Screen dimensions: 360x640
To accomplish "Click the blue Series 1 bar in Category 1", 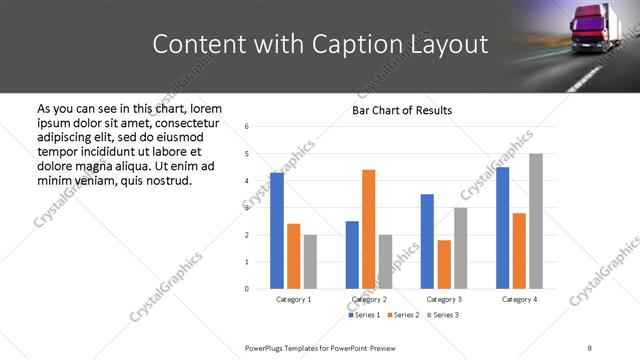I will (277, 231).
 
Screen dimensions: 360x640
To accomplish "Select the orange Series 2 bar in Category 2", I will (369, 229).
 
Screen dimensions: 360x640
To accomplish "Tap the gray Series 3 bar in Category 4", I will (536, 221).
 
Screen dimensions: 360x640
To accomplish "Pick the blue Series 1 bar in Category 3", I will (427, 241).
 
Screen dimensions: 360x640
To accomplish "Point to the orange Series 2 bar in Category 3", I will (444, 264).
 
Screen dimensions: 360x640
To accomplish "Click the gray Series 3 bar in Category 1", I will (310, 262).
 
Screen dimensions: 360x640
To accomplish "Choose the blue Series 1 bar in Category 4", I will (503, 228).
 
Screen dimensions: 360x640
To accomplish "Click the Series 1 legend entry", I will (365, 315).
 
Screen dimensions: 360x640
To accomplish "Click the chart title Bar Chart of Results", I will (402, 110).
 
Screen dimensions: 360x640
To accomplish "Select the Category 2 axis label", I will (369, 299).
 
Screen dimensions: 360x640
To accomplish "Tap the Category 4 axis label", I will (519, 299).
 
